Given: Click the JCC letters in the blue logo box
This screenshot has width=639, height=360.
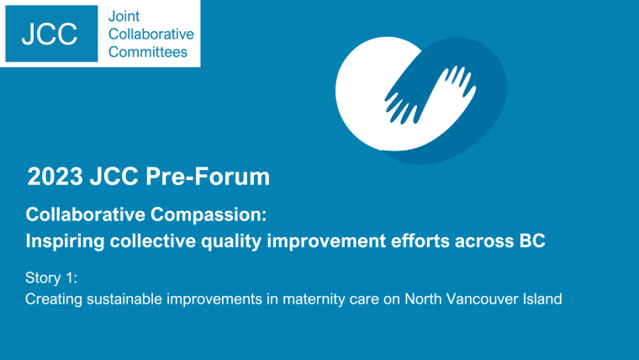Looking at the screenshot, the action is pyautogui.click(x=50, y=34).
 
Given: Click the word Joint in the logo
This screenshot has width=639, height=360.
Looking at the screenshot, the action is pyautogui.click(x=124, y=16).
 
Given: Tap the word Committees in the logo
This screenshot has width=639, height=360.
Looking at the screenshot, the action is pyautogui.click(x=148, y=52).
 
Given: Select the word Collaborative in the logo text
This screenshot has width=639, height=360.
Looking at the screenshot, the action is pyautogui.click(x=151, y=34).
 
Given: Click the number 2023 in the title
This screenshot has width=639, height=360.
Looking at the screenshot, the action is pyautogui.click(x=55, y=177).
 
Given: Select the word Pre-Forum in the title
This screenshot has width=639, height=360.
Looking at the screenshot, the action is pyautogui.click(x=208, y=177).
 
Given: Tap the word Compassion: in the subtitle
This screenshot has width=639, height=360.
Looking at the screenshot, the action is pyautogui.click(x=209, y=214).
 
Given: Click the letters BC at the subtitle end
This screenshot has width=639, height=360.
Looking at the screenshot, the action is pyautogui.click(x=532, y=241).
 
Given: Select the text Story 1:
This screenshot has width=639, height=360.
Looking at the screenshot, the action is pyautogui.click(x=51, y=278).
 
